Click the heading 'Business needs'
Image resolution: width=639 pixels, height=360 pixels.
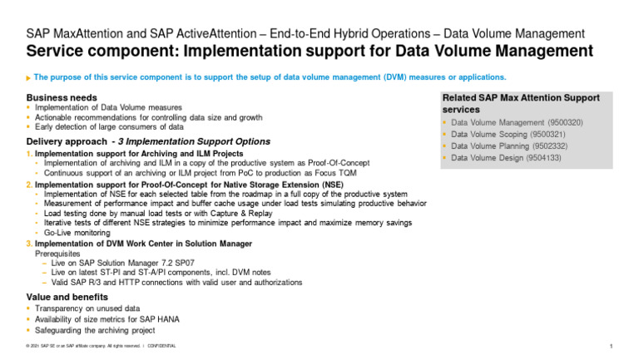click(62, 98)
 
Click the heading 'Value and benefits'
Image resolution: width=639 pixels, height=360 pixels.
click(67, 297)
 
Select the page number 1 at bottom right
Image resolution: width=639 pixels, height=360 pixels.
click(612, 345)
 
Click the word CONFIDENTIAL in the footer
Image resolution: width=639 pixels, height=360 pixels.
click(161, 345)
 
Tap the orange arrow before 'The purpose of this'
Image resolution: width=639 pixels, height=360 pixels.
click(29, 77)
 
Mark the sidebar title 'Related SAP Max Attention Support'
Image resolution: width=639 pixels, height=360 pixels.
click(521, 98)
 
